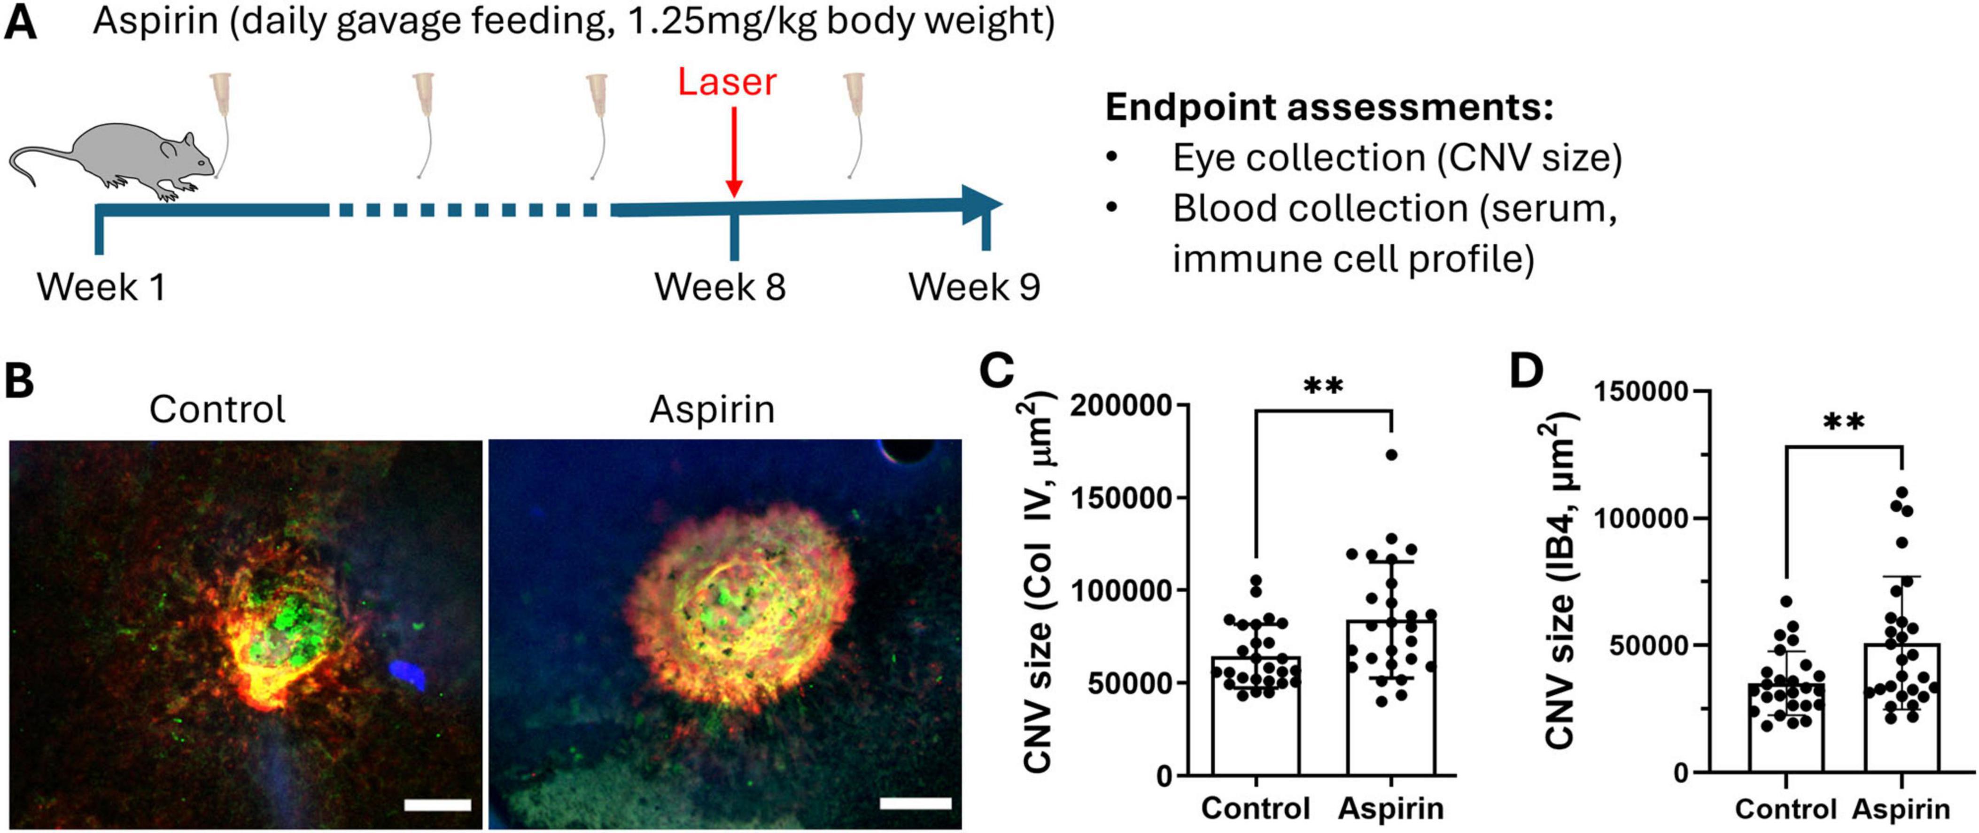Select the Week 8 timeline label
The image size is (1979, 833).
tap(720, 288)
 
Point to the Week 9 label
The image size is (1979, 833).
tap(974, 288)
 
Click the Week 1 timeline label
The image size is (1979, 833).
tap(101, 288)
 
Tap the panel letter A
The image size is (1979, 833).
tap(20, 23)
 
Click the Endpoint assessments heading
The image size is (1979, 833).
tap(1329, 108)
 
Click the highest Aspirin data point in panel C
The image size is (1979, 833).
tap(1391, 455)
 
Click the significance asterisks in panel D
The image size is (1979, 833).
tap(1843, 423)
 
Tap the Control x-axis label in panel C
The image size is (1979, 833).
tap(1255, 809)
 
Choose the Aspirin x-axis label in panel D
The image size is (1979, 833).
tap(1901, 809)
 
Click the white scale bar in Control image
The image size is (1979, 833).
tap(437, 804)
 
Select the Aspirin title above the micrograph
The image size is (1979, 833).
tap(712, 410)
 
